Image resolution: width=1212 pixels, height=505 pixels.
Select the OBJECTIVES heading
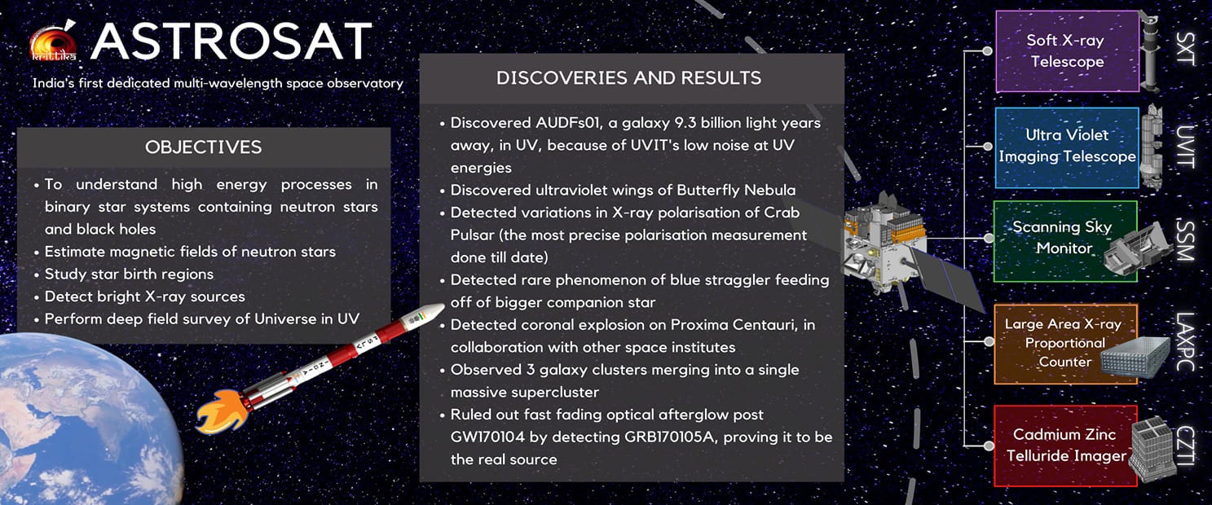click(x=203, y=147)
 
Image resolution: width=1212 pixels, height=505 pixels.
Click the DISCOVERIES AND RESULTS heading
click(x=628, y=78)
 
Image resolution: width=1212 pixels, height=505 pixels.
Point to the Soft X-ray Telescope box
click(x=1066, y=50)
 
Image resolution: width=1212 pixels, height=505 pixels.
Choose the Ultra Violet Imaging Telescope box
click(x=1066, y=146)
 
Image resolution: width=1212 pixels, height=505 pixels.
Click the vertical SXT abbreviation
click(x=1186, y=50)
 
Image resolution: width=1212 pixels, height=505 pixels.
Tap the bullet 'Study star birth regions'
click(x=129, y=274)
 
